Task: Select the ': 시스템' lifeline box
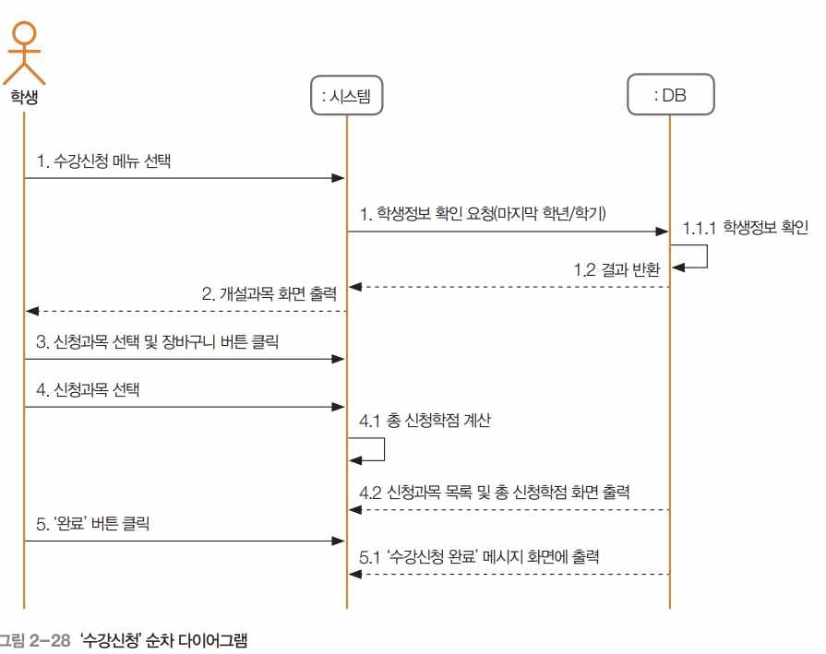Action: [347, 95]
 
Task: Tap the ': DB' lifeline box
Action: [669, 95]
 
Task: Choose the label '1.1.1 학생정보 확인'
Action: [746, 226]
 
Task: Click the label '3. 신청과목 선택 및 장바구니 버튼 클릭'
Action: [158, 341]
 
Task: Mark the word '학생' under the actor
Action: [25, 95]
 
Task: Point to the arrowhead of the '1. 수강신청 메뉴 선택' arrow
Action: [340, 178]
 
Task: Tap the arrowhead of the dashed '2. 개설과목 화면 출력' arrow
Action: [31, 311]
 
